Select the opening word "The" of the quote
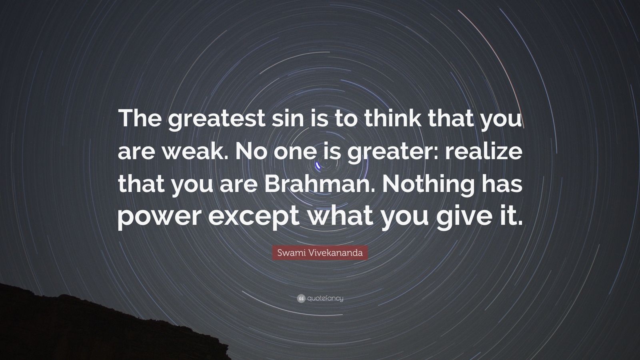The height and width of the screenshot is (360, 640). click(x=139, y=121)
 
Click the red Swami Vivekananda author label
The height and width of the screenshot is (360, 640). click(x=320, y=253)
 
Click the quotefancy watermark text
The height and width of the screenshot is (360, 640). click(x=325, y=298)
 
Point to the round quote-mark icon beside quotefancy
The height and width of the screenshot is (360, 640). click(x=301, y=298)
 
